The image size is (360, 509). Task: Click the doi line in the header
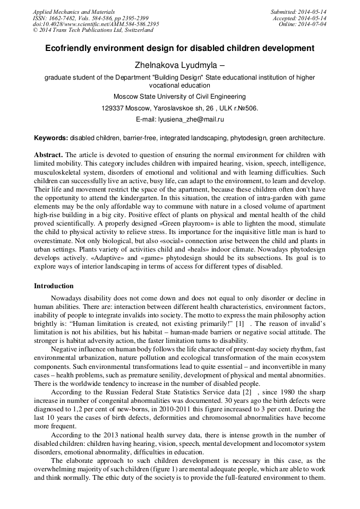pyautogui.click(x=96, y=24)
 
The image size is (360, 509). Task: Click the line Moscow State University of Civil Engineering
pyautogui.click(x=179, y=97)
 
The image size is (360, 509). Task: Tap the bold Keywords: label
pyautogui.click(x=51, y=138)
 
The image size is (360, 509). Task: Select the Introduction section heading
pyautogui.click(x=54, y=286)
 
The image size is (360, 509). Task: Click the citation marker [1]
pyautogui.click(x=239, y=324)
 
